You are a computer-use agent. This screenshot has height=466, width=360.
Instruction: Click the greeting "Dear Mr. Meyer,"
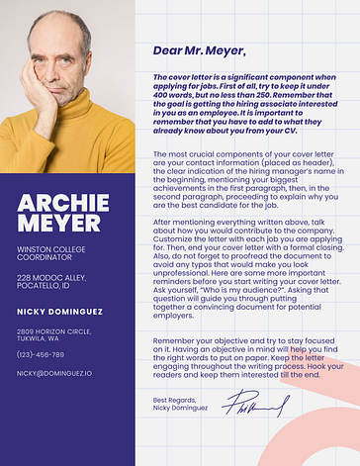(x=200, y=50)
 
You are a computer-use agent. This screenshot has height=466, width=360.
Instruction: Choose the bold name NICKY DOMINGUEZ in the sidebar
(x=59, y=312)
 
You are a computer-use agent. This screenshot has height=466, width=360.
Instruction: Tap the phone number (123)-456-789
(x=41, y=353)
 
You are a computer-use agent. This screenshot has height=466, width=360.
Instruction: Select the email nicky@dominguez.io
(x=53, y=373)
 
